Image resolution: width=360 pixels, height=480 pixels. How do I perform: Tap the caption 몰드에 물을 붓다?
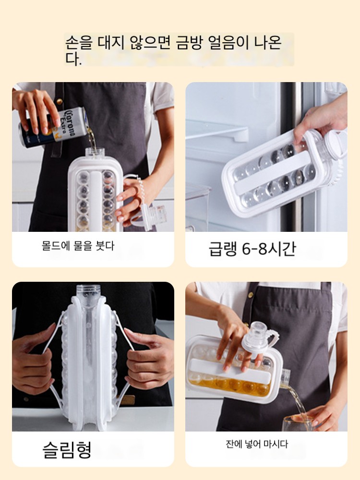click(x=78, y=246)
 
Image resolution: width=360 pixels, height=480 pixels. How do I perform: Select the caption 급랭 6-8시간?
click(x=252, y=248)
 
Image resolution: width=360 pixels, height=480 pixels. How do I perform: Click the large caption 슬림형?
click(x=67, y=449)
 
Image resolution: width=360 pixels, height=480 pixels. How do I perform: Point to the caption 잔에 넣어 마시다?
click(x=256, y=444)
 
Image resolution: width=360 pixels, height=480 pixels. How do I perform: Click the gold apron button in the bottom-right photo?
click(x=251, y=295)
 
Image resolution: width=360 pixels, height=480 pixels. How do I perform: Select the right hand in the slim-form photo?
click(x=149, y=361)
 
